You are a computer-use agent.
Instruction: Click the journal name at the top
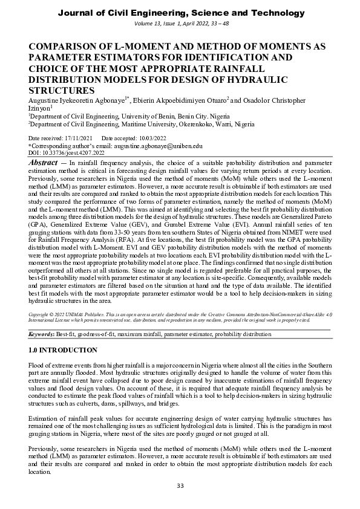tap(180, 13)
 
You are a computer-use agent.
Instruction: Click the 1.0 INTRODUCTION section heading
tap(63, 351)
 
